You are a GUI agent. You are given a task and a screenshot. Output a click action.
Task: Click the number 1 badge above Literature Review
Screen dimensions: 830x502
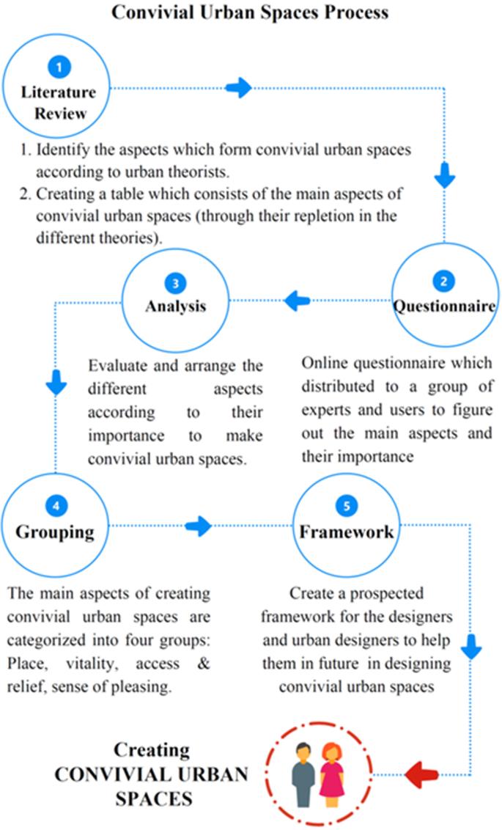[x=59, y=67]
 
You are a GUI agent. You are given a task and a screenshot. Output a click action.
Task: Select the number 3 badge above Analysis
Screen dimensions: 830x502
[x=176, y=282]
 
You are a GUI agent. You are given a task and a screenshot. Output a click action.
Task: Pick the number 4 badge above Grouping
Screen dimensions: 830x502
[x=56, y=505]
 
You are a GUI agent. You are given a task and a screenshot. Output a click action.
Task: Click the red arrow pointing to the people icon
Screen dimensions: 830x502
[x=423, y=773]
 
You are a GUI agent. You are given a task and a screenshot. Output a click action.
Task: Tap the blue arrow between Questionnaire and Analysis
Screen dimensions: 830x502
[x=297, y=299]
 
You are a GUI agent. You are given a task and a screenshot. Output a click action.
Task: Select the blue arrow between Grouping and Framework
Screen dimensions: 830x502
[x=198, y=525]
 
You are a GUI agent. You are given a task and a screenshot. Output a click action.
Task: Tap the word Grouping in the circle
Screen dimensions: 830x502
[x=56, y=532]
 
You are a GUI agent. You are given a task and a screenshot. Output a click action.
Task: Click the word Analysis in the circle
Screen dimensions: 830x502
[x=176, y=306]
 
